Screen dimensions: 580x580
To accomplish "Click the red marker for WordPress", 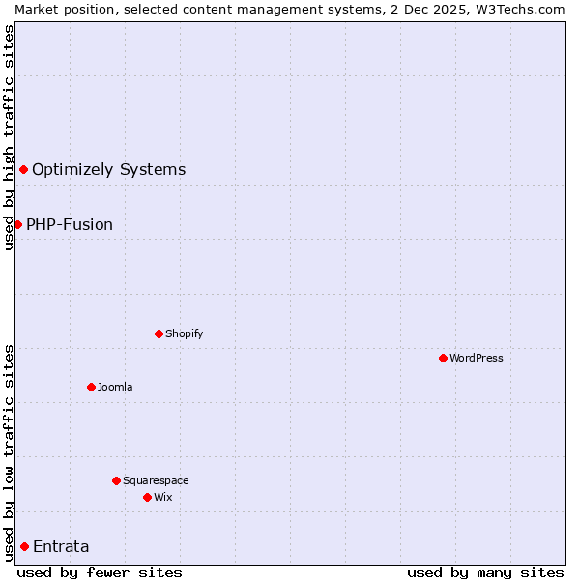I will (443, 358).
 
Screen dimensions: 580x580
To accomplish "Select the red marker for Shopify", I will (159, 333).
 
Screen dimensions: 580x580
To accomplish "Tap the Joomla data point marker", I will (91, 387).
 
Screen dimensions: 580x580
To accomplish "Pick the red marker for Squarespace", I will (116, 480).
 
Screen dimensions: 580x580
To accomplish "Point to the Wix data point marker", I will (147, 497).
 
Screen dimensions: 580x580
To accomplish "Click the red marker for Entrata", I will (24, 546).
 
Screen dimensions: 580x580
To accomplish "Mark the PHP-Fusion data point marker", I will (17, 224).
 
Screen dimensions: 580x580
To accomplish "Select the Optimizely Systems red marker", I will (23, 170).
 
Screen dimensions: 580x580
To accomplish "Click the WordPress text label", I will (477, 358).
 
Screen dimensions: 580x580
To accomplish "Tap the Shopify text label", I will (185, 333).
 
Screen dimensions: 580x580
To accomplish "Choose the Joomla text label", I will (115, 387).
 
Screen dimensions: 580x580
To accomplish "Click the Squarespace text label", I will (156, 480).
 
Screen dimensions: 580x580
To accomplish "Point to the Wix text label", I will (163, 497).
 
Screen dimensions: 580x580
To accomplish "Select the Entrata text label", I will (61, 546).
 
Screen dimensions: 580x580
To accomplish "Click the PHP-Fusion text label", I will (70, 224).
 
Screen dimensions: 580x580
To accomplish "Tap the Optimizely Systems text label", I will (108, 170).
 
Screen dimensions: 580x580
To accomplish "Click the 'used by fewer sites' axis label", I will (100, 572).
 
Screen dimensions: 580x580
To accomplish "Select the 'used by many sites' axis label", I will (485, 572).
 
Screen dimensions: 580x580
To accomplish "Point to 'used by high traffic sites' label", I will (9, 137).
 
